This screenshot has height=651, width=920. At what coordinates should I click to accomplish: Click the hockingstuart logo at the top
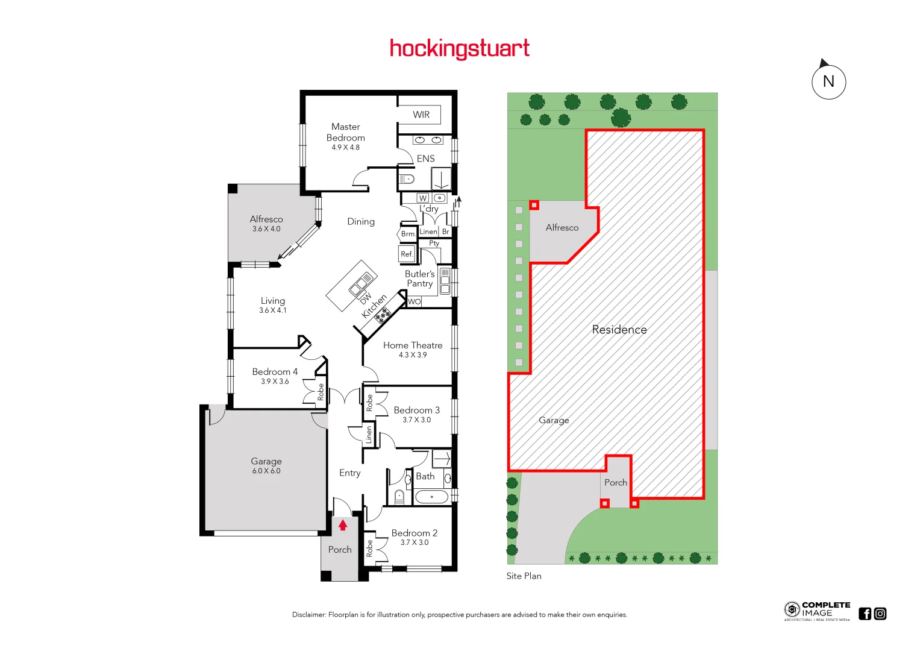point(459,48)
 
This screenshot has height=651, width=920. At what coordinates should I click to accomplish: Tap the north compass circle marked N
point(828,82)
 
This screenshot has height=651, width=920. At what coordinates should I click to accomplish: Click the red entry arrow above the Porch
point(343,525)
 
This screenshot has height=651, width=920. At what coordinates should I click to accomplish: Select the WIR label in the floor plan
point(421,115)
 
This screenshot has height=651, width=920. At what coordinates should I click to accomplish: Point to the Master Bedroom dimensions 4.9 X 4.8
point(345,147)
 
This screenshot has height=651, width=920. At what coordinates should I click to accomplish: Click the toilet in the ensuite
point(407,178)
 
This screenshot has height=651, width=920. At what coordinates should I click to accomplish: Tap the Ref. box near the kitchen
point(407,254)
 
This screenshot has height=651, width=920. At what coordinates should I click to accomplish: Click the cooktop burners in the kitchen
point(383,313)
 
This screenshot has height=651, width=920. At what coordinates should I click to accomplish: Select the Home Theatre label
point(413,345)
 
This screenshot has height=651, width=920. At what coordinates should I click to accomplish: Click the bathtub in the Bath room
point(431,497)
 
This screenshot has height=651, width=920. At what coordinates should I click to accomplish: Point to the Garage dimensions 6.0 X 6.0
point(266,471)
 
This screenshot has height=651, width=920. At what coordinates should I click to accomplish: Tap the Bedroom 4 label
point(275,372)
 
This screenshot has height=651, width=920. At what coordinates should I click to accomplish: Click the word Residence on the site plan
point(619,330)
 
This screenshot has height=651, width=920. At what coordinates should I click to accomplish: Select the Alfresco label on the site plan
point(562,228)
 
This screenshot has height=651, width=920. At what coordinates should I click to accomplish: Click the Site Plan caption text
point(524,576)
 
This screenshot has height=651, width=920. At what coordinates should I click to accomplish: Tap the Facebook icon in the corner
point(865,614)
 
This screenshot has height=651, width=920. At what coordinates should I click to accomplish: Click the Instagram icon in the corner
point(880,614)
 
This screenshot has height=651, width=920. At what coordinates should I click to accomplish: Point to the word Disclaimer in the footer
point(309,615)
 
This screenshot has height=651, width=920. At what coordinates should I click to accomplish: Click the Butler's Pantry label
point(420,278)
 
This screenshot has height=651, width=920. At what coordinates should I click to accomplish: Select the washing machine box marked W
point(423,198)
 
